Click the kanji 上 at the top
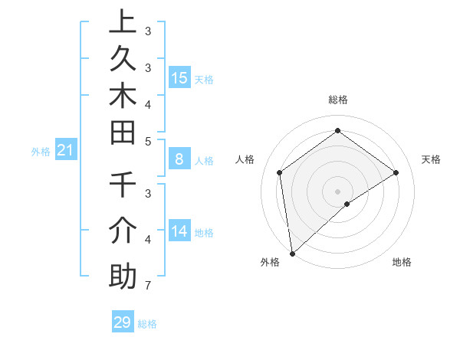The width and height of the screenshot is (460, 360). click(123, 21)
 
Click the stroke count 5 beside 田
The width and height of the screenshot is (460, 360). click(148, 141)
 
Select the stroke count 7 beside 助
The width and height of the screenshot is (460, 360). click(147, 286)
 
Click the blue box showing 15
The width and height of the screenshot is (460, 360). click(179, 77)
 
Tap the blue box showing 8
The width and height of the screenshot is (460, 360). click(179, 159)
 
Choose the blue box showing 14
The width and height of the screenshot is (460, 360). click(179, 231)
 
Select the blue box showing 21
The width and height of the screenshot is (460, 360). click(65, 151)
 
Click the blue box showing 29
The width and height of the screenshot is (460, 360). click(123, 322)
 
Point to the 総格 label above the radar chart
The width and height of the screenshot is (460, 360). click(337, 100)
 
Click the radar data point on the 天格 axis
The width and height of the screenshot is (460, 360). click(396, 172)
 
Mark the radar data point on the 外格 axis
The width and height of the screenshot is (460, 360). click(292, 253)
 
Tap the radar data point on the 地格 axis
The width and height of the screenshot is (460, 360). click(347, 204)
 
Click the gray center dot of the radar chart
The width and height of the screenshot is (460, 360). click(337, 191)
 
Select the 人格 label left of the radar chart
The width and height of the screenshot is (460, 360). click(245, 159)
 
